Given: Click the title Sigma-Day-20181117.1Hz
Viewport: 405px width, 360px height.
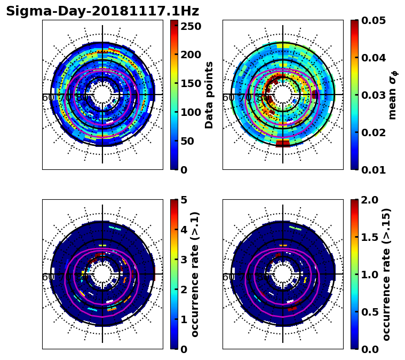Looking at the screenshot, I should [102, 11].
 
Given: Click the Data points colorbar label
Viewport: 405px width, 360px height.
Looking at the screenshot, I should [209, 95].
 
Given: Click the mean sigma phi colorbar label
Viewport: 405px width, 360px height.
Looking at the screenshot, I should [393, 95].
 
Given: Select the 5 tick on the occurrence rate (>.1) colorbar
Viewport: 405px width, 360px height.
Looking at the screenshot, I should [184, 200].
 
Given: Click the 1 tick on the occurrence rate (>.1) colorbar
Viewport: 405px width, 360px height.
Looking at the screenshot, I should [184, 319].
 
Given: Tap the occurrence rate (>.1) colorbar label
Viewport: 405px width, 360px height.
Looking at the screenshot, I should [195, 275].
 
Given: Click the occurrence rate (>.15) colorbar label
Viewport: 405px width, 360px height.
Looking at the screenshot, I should [387, 275].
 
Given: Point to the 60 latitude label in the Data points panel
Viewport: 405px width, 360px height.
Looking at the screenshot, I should [47, 98].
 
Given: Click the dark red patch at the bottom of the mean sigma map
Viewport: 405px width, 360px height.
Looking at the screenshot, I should [283, 143].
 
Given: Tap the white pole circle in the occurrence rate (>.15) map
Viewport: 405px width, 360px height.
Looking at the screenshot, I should [283, 274].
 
